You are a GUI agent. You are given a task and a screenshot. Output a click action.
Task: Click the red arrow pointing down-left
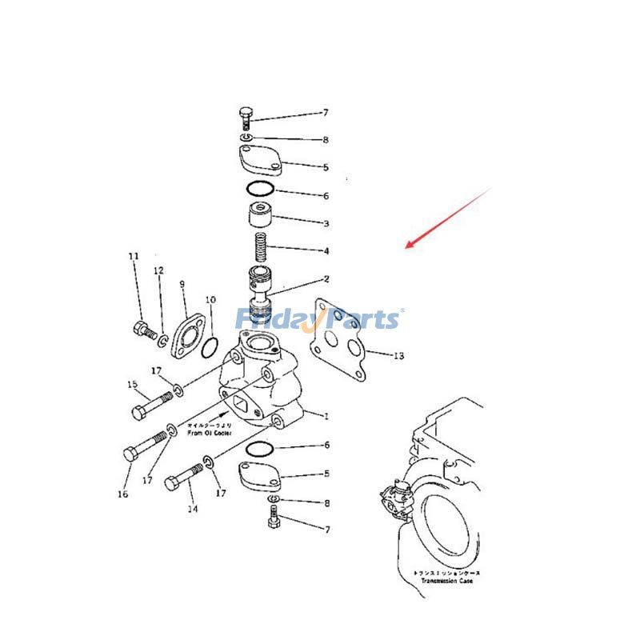pyautogui.click(x=448, y=218)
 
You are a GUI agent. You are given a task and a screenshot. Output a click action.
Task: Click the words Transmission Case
pyautogui.click(x=442, y=581)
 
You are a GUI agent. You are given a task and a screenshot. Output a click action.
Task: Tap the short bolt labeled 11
pyautogui.click(x=144, y=329)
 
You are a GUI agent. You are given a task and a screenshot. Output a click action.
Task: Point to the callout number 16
pyautogui.click(x=122, y=494)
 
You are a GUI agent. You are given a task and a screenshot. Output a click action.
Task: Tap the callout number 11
pyautogui.click(x=134, y=256)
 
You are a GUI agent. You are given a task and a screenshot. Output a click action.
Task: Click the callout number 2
pyautogui.click(x=326, y=279)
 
